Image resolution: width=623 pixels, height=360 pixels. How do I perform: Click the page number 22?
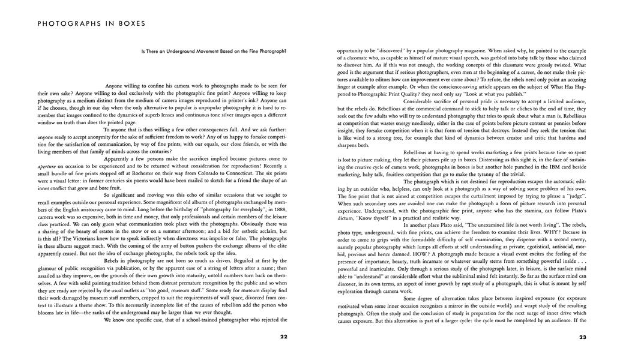click(283, 337)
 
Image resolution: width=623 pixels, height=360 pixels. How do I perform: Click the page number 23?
click(582, 337)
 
